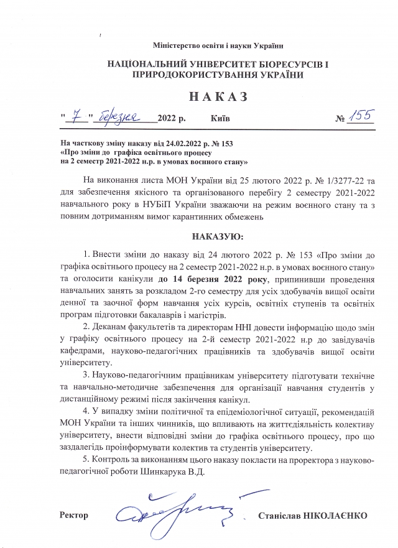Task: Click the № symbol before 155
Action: click(340, 118)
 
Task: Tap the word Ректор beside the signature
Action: click(74, 515)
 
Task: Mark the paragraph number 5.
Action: click(85, 459)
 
